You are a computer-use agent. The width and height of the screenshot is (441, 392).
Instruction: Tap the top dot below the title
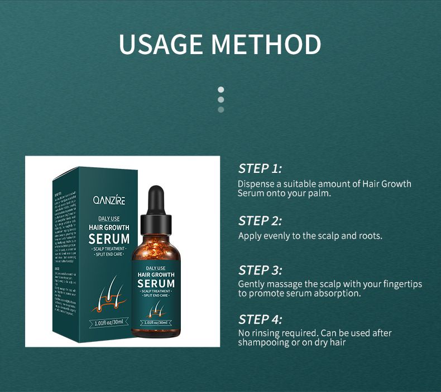221,89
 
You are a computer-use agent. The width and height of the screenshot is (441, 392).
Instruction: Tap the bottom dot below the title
221,109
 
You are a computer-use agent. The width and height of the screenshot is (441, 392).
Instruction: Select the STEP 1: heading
260,168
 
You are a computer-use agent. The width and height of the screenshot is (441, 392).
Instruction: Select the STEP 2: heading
260,220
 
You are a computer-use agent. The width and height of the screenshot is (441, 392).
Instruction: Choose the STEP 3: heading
260,270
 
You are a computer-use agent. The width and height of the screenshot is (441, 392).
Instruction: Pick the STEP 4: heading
260,320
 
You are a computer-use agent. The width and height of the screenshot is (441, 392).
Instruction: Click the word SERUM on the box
109,239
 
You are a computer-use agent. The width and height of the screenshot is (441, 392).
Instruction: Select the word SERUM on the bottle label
156,283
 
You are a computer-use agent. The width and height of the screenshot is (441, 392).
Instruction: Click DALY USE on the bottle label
156,268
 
